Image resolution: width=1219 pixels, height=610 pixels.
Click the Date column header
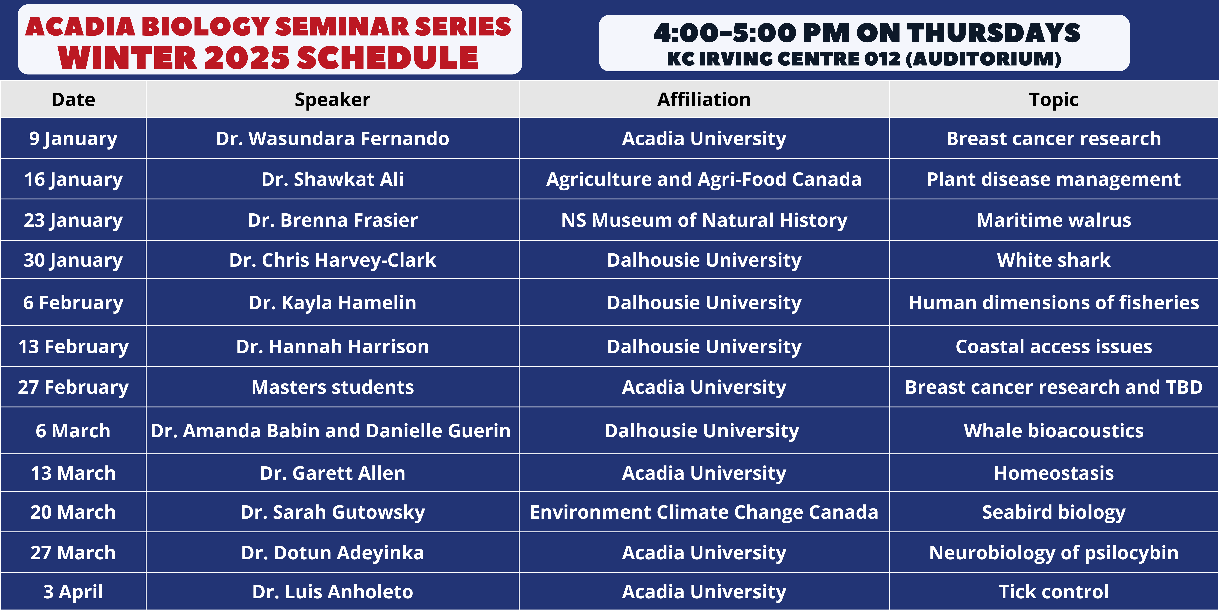pyautogui.click(x=73, y=99)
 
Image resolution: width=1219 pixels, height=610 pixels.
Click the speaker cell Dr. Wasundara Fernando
pyautogui.click(x=333, y=138)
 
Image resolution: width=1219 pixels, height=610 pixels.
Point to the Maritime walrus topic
pyautogui.click(x=1054, y=220)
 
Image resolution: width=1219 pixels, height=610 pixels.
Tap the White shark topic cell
pyautogui.click(x=1054, y=260)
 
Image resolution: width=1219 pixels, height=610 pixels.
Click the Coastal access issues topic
pyautogui.click(x=1054, y=347)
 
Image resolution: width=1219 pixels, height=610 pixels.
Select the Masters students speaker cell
pyautogui.click(x=333, y=387)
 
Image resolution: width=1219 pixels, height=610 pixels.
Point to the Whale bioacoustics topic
pyautogui.click(x=1054, y=431)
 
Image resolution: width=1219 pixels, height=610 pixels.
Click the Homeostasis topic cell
pyautogui.click(x=1054, y=473)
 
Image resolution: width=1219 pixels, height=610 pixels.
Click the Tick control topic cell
pyautogui.click(x=1054, y=591)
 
